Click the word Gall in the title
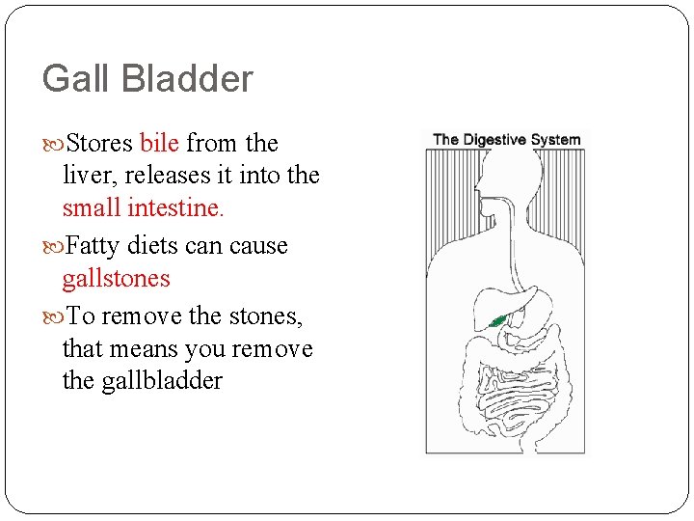(x=70, y=79)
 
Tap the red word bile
(x=159, y=144)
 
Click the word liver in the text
(x=85, y=176)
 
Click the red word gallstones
(x=116, y=279)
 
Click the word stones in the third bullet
(x=253, y=316)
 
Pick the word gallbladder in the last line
(x=142, y=381)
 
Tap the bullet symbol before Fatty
(x=51, y=247)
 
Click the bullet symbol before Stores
(x=51, y=145)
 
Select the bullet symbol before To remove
(x=51, y=317)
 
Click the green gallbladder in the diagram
(x=498, y=321)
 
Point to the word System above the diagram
(x=556, y=139)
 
